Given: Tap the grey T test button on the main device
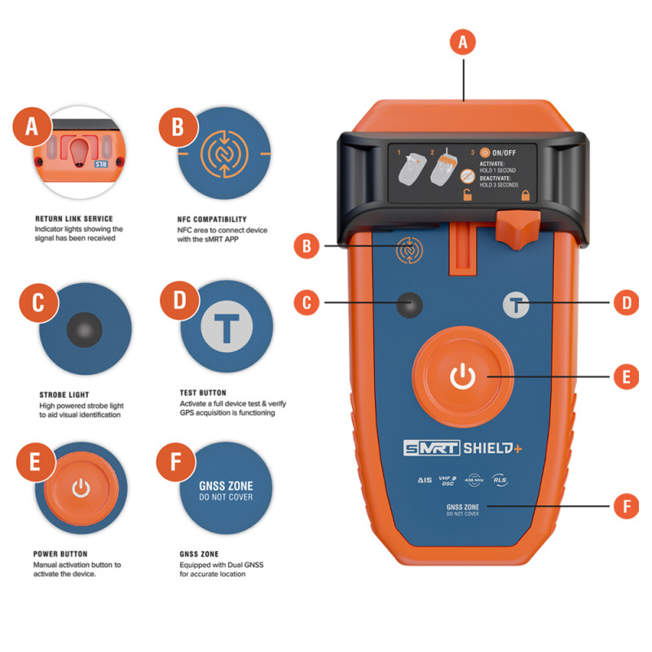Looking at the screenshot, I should pyautogui.click(x=515, y=304).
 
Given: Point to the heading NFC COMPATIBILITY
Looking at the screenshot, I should pyautogui.click(x=213, y=219).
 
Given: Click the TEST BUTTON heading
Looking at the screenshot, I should pyautogui.click(x=203, y=393).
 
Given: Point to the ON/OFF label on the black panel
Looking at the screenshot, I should pyautogui.click(x=505, y=152).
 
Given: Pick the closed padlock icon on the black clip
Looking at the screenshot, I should pyautogui.click(x=525, y=196).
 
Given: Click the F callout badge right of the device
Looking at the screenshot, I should pyautogui.click(x=625, y=506).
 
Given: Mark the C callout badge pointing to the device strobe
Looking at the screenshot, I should pyautogui.click(x=306, y=303).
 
